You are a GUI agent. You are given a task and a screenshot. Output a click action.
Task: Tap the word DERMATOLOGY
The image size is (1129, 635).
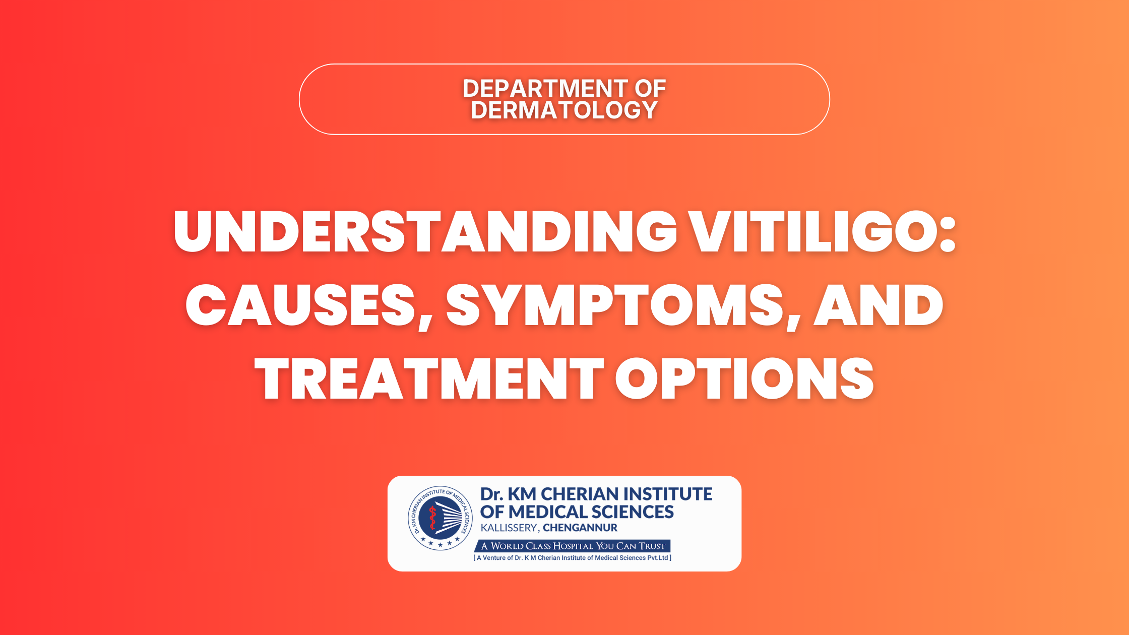point(564,110)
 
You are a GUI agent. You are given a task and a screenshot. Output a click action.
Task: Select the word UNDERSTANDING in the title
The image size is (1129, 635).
point(425,231)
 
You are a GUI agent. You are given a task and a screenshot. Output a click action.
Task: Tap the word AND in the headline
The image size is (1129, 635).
point(878,305)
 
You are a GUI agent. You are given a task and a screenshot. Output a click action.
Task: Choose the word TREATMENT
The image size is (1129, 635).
point(429,378)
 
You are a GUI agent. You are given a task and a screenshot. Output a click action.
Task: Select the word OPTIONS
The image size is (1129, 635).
point(744,378)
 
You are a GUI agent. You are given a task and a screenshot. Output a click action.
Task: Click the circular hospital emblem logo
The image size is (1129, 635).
point(440,518)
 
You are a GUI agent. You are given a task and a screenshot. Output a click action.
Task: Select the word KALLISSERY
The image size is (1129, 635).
point(510,528)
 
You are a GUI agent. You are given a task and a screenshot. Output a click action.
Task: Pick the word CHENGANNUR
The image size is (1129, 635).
point(580,528)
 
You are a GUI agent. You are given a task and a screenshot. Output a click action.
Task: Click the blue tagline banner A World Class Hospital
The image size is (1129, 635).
point(573,546)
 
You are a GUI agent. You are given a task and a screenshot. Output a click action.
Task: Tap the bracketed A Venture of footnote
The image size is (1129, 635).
point(573,558)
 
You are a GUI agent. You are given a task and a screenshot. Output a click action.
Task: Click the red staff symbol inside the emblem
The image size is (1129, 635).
point(432,519)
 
